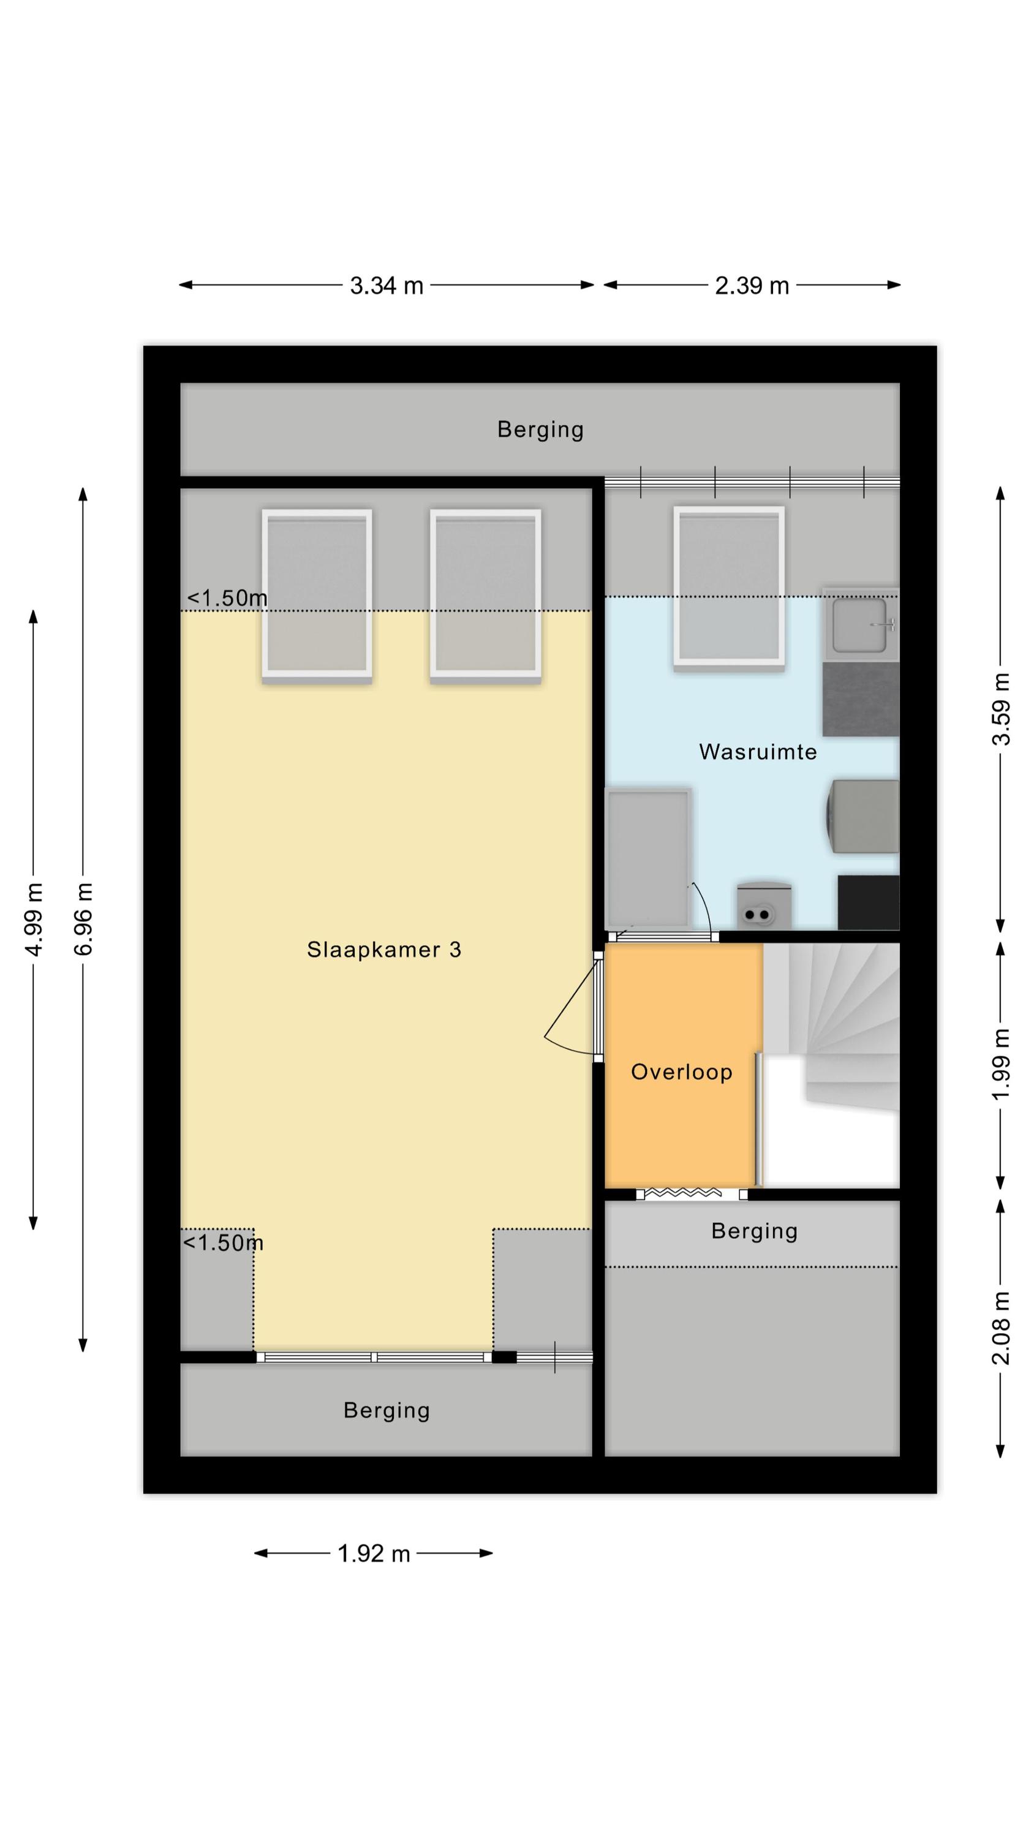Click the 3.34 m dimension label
click(x=386, y=286)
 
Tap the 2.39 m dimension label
click(x=752, y=286)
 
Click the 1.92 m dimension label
click(x=373, y=1553)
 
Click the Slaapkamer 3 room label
click(x=384, y=950)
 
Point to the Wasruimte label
click(x=758, y=751)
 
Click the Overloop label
click(x=682, y=1072)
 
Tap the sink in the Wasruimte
click(x=860, y=625)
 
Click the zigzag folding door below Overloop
click(x=682, y=1192)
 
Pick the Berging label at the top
click(x=540, y=429)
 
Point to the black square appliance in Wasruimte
click(x=868, y=902)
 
